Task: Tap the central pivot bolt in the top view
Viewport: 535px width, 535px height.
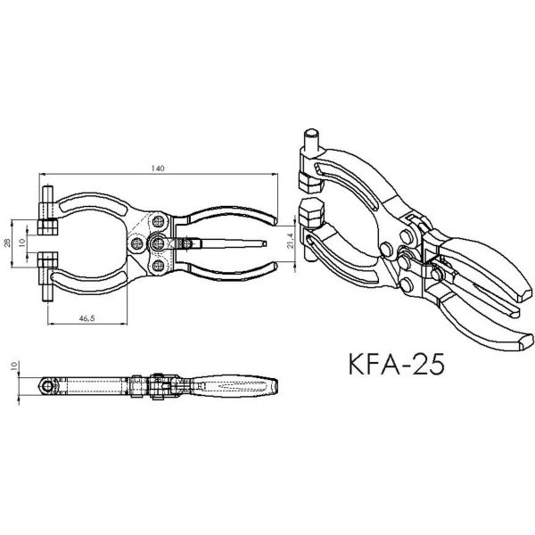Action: click(x=157, y=241)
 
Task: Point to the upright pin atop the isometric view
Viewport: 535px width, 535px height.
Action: click(x=309, y=140)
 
